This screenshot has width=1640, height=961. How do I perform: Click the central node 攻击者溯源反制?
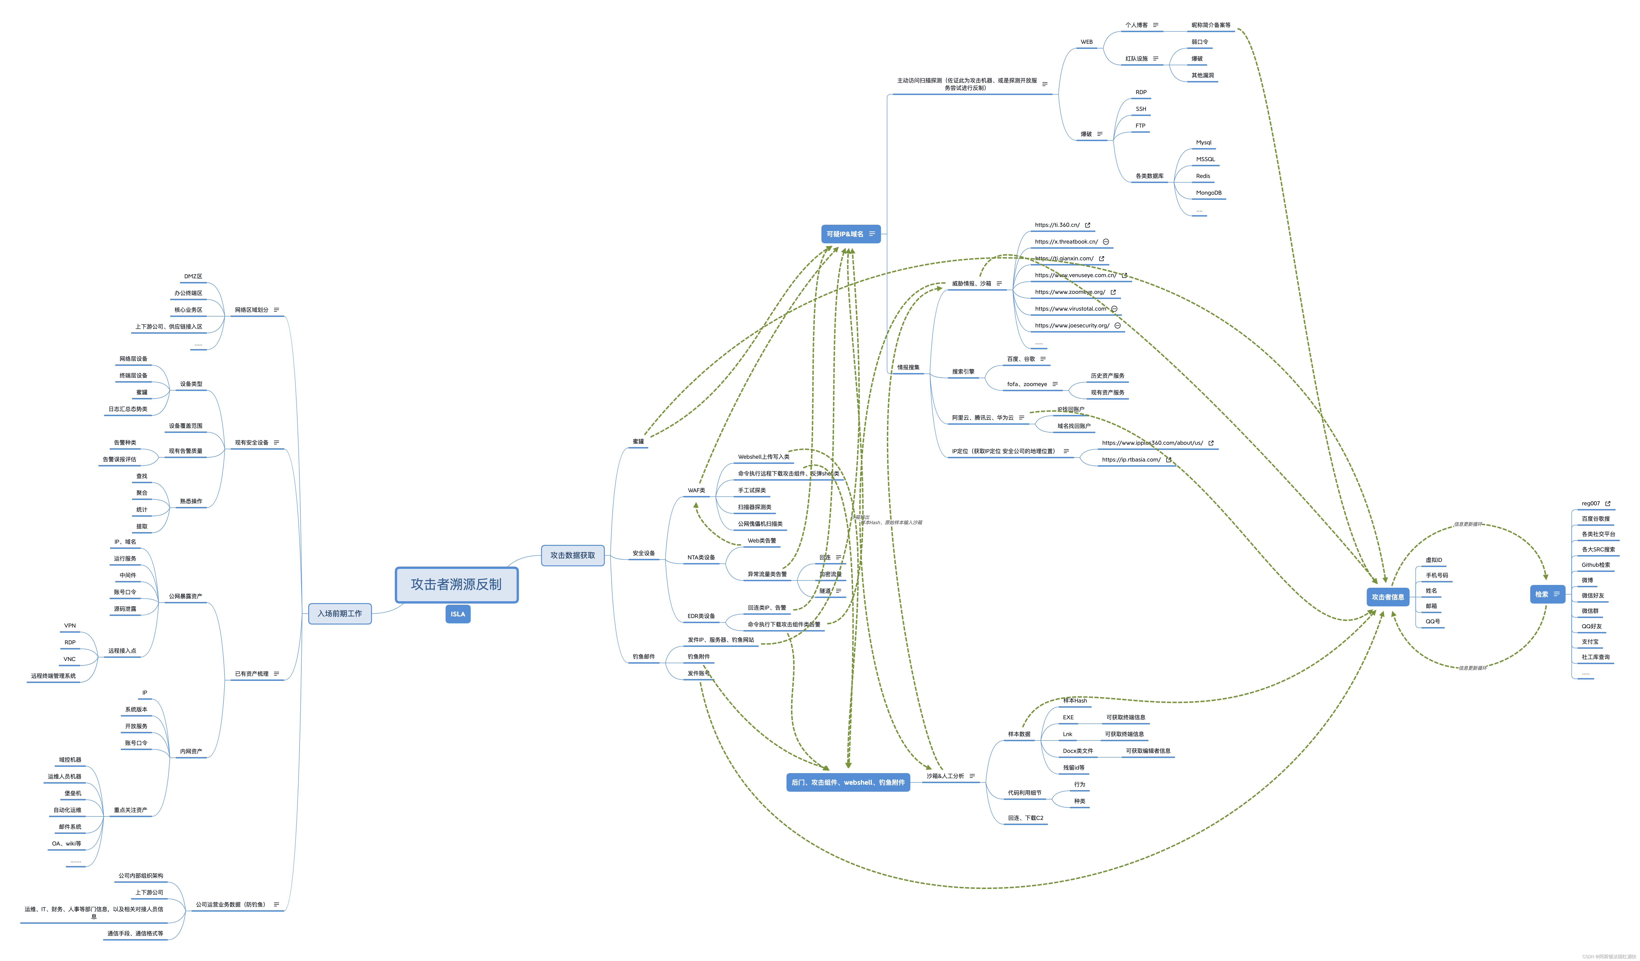pos(456,584)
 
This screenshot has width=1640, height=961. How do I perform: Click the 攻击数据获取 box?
pos(573,555)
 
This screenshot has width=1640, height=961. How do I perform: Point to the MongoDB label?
pos(1209,193)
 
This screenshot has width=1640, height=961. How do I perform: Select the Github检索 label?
pos(1596,565)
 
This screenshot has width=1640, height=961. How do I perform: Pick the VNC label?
pos(70,659)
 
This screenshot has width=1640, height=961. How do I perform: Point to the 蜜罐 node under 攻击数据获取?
pos(638,441)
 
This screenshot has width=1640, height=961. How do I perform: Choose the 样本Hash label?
pos(1074,701)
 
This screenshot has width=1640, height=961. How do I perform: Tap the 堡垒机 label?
pos(73,793)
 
